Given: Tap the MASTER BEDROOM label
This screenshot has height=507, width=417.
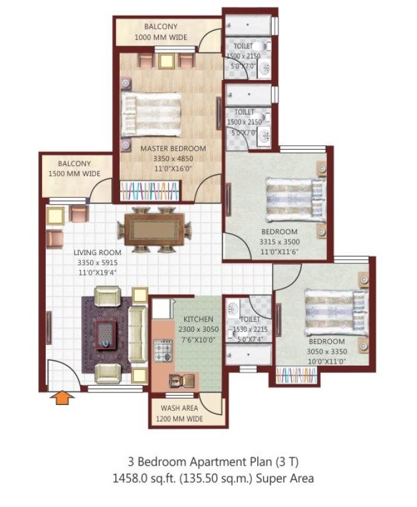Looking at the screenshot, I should [x=173, y=148].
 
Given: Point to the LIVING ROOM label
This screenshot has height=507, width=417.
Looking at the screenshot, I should [x=83, y=253].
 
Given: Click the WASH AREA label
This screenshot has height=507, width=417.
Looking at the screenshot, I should [x=179, y=409].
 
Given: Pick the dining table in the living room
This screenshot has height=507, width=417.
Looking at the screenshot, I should [x=154, y=228].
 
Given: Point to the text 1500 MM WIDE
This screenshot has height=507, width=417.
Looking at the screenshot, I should [x=75, y=173].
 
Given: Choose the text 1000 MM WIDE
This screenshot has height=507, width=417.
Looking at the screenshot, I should [x=160, y=37].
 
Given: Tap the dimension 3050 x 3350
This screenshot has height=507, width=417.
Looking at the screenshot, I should [x=326, y=352].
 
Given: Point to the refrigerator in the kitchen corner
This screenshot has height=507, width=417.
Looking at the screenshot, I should [x=162, y=308].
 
